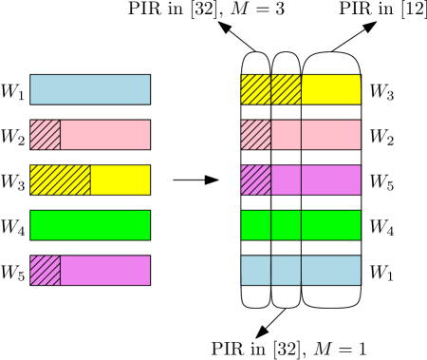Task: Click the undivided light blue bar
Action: point(90,89)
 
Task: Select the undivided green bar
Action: point(90,225)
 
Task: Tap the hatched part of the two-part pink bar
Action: point(45,135)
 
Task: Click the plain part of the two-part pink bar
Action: point(105,135)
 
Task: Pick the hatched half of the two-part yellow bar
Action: point(60,180)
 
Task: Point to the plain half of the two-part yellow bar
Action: point(121,180)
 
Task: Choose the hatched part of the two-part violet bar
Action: point(45,270)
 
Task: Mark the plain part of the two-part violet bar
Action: point(105,270)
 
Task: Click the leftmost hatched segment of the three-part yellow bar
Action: point(256,89)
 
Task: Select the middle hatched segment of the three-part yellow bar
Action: point(287,89)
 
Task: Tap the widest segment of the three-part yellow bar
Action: point(331,89)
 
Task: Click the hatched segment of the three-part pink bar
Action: point(256,135)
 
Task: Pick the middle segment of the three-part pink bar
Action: point(287,135)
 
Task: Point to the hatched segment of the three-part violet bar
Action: point(256,180)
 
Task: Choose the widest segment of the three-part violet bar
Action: point(331,180)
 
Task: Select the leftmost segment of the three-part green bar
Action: point(256,225)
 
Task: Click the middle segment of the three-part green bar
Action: point(287,225)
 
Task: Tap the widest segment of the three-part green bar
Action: point(331,225)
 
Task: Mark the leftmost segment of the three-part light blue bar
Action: point(256,270)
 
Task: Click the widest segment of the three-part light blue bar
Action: point(331,270)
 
